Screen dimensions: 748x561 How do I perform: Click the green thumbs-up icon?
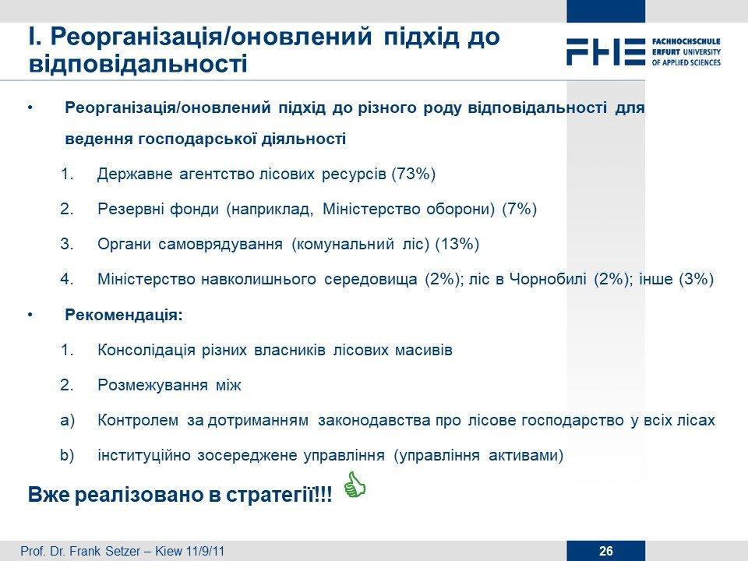coord(355,485)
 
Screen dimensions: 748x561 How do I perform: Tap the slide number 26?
coord(606,551)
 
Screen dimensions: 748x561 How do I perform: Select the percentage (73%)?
coord(414,174)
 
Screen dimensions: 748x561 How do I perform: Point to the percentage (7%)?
coord(520,209)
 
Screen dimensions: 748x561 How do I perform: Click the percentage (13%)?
coord(457,244)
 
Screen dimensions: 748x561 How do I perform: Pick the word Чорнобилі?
coord(548,279)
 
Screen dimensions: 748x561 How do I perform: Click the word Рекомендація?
coord(124,315)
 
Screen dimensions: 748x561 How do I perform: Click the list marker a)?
coord(68,420)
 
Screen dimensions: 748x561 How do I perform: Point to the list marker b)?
coord(67,455)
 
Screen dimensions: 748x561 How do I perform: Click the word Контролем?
coord(138,420)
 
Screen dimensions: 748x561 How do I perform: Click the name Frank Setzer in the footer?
coord(105,552)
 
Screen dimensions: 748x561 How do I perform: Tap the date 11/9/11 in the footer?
coord(206,552)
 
